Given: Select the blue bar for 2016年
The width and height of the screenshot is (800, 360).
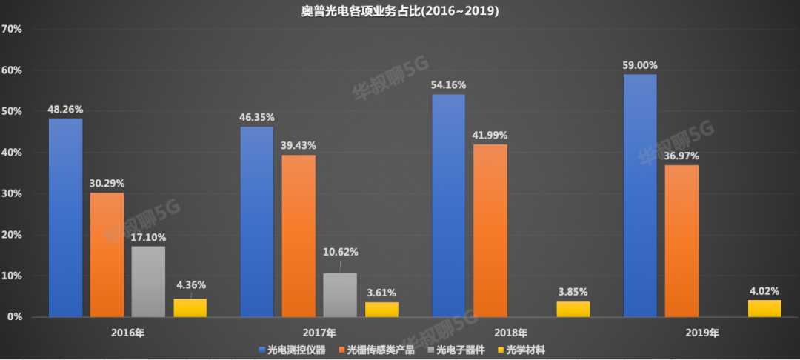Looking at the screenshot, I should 66,218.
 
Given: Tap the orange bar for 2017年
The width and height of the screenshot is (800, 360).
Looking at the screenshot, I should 299,236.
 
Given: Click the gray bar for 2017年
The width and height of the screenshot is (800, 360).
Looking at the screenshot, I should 341,295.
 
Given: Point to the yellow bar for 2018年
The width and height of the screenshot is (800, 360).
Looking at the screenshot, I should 573,309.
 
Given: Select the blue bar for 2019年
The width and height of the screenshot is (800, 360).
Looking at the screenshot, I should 640,196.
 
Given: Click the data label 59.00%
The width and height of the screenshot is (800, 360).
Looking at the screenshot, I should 640,65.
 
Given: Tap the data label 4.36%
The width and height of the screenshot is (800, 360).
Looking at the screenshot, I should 190,284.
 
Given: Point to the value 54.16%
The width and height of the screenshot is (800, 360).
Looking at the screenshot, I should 448,85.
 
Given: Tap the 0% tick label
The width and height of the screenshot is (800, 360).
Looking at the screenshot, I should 16,317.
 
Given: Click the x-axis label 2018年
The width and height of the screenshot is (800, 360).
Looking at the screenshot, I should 512,333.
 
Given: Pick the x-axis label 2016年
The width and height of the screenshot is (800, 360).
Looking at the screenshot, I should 128,333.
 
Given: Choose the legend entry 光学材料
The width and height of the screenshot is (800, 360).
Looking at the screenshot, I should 525,349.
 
